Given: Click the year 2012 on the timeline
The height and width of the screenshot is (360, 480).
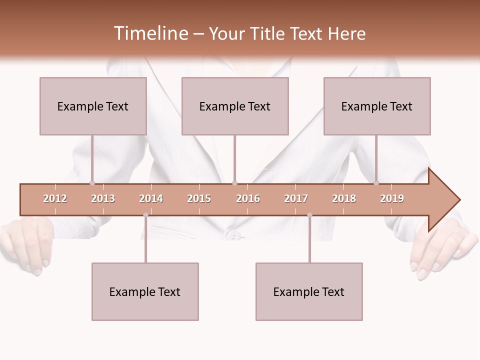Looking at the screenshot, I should click(x=55, y=198).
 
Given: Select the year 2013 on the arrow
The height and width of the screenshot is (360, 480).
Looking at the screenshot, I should click(x=103, y=198).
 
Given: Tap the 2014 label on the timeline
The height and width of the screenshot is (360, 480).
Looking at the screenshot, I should click(x=151, y=198).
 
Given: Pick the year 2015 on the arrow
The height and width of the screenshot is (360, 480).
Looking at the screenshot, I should click(x=199, y=198).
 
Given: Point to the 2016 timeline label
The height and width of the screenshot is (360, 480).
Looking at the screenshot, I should click(x=248, y=198).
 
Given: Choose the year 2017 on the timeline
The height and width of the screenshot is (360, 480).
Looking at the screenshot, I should click(x=296, y=198).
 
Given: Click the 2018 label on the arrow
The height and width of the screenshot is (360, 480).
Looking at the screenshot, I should click(x=344, y=198).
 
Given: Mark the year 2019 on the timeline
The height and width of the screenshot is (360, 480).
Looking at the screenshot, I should click(x=392, y=198).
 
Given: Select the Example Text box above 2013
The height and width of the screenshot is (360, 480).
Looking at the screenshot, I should click(x=93, y=106).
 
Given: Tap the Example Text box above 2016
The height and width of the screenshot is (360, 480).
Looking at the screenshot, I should click(x=235, y=106).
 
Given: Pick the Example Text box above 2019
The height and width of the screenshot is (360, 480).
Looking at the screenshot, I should click(x=377, y=106).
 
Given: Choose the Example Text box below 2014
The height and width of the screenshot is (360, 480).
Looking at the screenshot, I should click(x=145, y=291).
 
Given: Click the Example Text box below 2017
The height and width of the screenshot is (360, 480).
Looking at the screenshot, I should click(x=309, y=291).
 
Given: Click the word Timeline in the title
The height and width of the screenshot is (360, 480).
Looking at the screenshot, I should click(x=150, y=33).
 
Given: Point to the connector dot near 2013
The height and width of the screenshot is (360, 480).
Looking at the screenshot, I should click(x=92, y=183).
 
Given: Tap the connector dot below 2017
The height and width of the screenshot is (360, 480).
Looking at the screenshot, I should click(x=309, y=215).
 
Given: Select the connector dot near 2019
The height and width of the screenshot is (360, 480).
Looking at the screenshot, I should click(x=376, y=183).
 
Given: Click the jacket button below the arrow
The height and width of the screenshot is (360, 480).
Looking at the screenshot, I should click(x=233, y=235).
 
